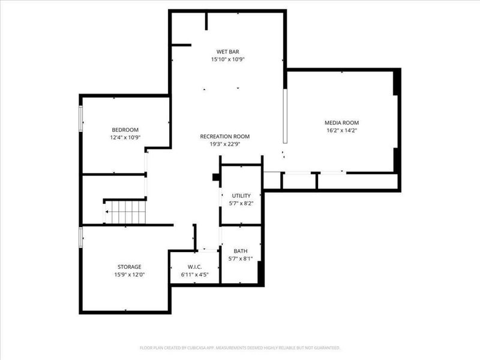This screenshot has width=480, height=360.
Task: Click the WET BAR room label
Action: (228, 51)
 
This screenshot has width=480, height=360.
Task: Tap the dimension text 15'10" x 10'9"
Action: (228, 59)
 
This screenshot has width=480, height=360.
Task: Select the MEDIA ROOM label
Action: (341, 122)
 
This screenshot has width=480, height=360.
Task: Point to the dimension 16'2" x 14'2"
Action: (341, 130)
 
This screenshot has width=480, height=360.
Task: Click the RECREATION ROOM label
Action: (225, 136)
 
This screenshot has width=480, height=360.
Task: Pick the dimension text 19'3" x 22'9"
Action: (225, 144)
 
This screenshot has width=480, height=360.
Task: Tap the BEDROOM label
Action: (125, 130)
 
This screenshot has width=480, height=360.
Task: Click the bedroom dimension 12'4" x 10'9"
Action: (125, 137)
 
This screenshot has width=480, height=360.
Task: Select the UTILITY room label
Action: (242, 196)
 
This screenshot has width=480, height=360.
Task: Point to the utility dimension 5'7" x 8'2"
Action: (242, 204)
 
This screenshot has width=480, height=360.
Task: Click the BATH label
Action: (241, 251)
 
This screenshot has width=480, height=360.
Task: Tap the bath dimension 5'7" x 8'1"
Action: (241, 259)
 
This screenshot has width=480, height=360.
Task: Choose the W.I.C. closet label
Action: (194, 266)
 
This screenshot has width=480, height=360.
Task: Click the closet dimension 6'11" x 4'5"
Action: (194, 274)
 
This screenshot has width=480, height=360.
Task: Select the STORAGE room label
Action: (129, 266)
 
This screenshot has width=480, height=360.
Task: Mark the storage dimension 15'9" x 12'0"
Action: (129, 274)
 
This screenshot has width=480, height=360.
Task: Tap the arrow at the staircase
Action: (107, 212)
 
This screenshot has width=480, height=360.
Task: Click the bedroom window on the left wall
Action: (81, 118)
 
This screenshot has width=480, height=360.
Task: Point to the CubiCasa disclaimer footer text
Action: (240, 347)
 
